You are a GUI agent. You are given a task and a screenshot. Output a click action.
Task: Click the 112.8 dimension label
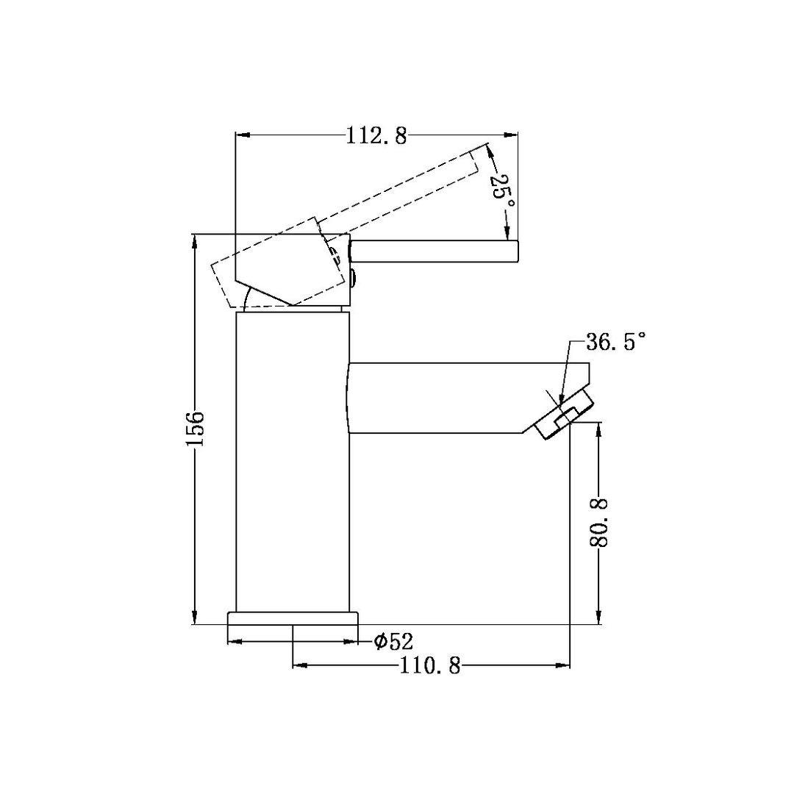[x=376, y=136]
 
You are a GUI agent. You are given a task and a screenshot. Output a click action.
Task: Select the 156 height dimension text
[x=195, y=429]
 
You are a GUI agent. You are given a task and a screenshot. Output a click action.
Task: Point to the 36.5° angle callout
[x=615, y=343]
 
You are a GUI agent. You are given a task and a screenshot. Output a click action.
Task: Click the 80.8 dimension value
[x=599, y=523]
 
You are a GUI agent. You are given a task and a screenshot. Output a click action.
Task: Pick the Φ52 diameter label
[x=393, y=642]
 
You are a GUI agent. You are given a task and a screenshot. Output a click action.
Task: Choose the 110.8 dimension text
[x=430, y=666]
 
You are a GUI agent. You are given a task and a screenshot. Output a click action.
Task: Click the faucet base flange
[x=293, y=618]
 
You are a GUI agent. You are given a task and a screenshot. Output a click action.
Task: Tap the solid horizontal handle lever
[x=434, y=251]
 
